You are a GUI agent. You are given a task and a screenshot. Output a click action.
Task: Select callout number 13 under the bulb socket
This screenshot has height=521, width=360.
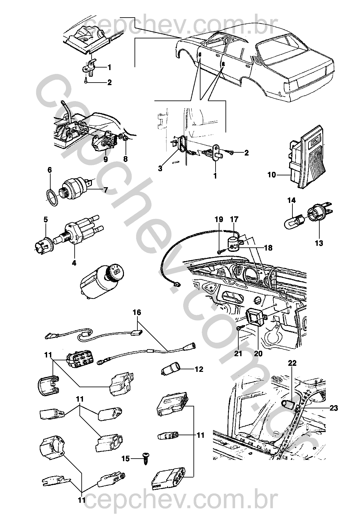pyautogui.click(x=319, y=243)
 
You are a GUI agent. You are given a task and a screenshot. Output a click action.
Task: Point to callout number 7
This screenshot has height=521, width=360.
pyautogui.click(x=105, y=190)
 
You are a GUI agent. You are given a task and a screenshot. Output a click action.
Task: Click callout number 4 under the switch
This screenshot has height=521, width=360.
pyautogui.click(x=74, y=263)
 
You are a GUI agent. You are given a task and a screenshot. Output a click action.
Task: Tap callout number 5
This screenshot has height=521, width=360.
pyautogui.click(x=45, y=220)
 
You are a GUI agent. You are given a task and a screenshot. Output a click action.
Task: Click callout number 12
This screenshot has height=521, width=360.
pyautogui.click(x=199, y=369)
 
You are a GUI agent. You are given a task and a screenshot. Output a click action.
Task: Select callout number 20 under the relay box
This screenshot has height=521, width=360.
pyautogui.click(x=258, y=354)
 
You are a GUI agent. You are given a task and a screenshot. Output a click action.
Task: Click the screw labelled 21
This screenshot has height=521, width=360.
pyautogui.click(x=240, y=329)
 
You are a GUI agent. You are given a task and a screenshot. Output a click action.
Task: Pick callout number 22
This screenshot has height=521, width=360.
pyautogui.click(x=292, y=363)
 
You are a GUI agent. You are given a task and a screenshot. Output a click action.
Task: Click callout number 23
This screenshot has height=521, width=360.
pyautogui.click(x=333, y=408)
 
